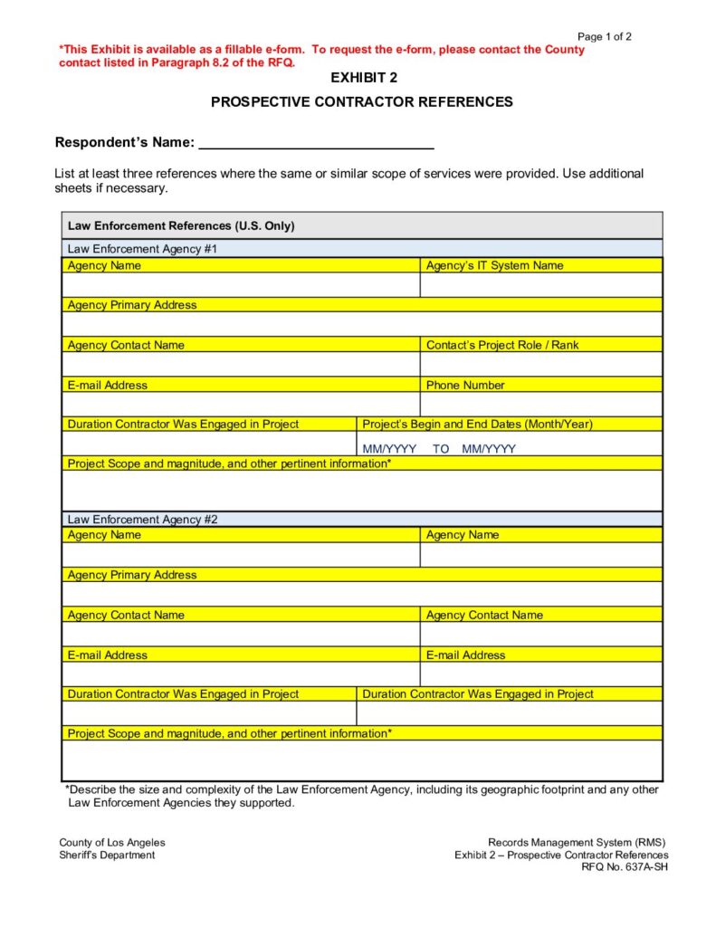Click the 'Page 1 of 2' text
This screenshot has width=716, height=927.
[x=604, y=37]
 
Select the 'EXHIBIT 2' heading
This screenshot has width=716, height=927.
[x=361, y=78]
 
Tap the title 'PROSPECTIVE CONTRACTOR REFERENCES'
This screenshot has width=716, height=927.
[x=361, y=102]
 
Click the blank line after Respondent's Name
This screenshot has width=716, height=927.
[x=316, y=143]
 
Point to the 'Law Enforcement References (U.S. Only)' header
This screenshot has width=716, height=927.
[x=181, y=225]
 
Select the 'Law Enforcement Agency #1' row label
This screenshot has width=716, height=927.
[x=142, y=248]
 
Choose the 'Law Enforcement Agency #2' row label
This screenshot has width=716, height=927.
[x=142, y=520]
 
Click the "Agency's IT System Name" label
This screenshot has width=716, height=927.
[x=494, y=265]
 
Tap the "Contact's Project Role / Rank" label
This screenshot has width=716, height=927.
[x=502, y=345]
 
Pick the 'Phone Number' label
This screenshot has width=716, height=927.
[x=465, y=385]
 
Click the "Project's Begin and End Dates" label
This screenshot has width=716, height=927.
[x=477, y=424]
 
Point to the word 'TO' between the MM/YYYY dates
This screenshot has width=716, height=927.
[x=441, y=449]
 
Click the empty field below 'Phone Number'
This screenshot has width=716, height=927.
[x=540, y=404]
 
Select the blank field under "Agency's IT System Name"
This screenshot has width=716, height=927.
[x=540, y=285]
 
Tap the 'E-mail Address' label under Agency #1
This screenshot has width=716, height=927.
[x=107, y=385]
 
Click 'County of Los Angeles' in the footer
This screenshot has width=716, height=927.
[x=112, y=843]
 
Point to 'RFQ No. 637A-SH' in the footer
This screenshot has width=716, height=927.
[x=625, y=867]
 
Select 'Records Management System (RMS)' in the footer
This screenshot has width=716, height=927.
[x=577, y=843]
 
